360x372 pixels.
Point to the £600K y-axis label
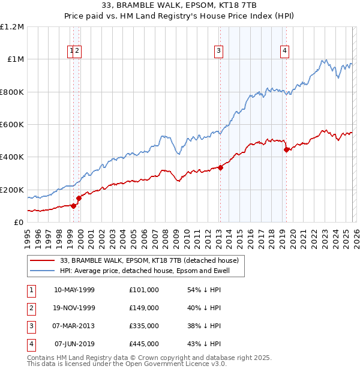coord(11,125)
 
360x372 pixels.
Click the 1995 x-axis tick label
coord(28,234)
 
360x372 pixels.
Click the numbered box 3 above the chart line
coord(219,52)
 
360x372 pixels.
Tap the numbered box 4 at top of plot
coord(284,52)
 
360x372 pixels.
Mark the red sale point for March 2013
coord(220,167)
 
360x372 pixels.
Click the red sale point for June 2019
coord(286,149)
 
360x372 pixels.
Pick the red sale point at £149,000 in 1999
coord(79,197)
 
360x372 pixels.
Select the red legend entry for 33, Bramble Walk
coord(150,260)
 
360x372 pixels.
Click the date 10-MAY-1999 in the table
coord(74,290)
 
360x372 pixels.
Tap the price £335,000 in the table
coord(144,326)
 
